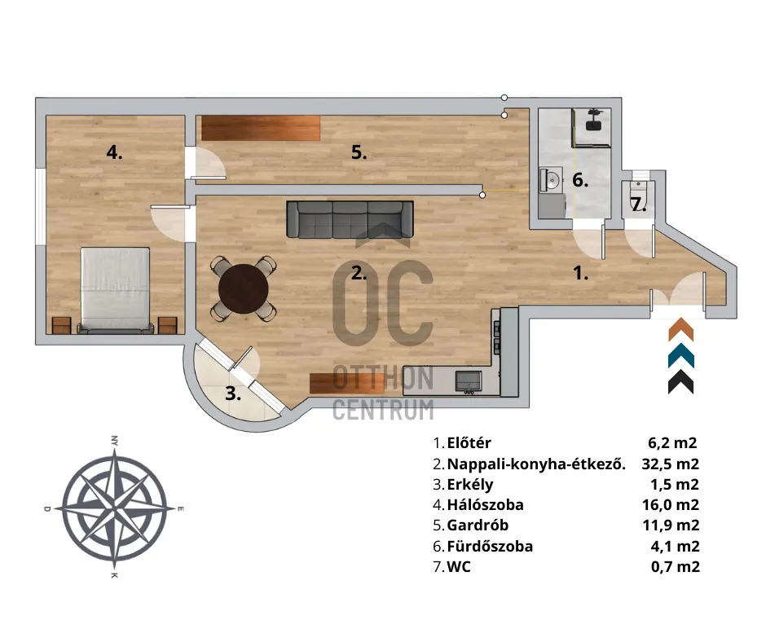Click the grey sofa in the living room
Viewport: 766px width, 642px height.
(348, 219)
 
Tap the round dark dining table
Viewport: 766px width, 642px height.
(244, 288)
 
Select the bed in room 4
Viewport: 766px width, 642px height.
(115, 289)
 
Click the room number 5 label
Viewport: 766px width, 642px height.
(359, 152)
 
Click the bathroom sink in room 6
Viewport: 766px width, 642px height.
(548, 179)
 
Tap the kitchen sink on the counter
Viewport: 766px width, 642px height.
(468, 379)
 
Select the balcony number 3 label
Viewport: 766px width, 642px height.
(233, 394)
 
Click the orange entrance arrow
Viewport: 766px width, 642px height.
(680, 330)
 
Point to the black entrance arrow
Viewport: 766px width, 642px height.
(680, 381)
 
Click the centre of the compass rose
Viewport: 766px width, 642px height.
(114, 508)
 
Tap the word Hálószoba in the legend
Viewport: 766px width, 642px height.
(486, 505)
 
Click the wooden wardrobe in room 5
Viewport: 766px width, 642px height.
(261, 128)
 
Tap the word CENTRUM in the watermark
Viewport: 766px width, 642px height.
(382, 409)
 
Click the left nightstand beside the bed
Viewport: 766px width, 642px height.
(62, 325)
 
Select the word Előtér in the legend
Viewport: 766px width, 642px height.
(469, 443)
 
